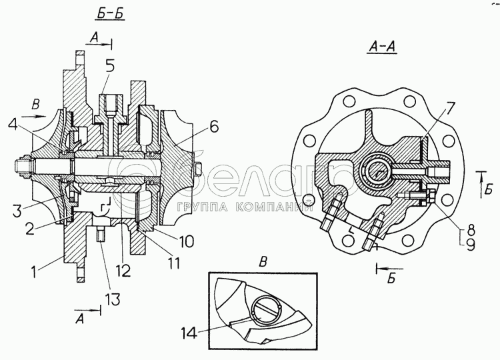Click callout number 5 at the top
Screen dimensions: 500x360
[109, 65]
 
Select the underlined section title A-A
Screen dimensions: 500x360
[381, 46]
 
